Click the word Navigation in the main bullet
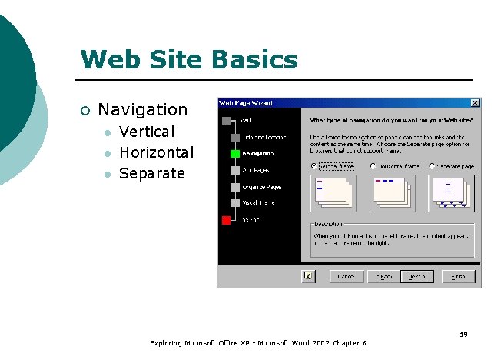pyautogui.click(x=142, y=110)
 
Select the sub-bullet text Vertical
pyautogui.click(x=147, y=132)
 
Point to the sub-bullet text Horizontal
pyautogui.click(x=157, y=152)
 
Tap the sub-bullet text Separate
pyautogui.click(x=152, y=173)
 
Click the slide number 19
pyautogui.click(x=463, y=334)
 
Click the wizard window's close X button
pyautogui.click(x=475, y=103)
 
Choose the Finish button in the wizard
pyautogui.click(x=459, y=276)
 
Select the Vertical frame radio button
pyautogui.click(x=314, y=166)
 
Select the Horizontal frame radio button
pyautogui.click(x=373, y=166)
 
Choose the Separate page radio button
pyautogui.click(x=433, y=166)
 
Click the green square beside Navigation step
pyautogui.click(x=235, y=153)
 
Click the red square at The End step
pyautogui.click(x=226, y=220)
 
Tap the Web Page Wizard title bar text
pyautogui.click(x=246, y=103)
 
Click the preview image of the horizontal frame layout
pyautogui.click(x=391, y=192)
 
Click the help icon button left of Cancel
pyautogui.click(x=308, y=276)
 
